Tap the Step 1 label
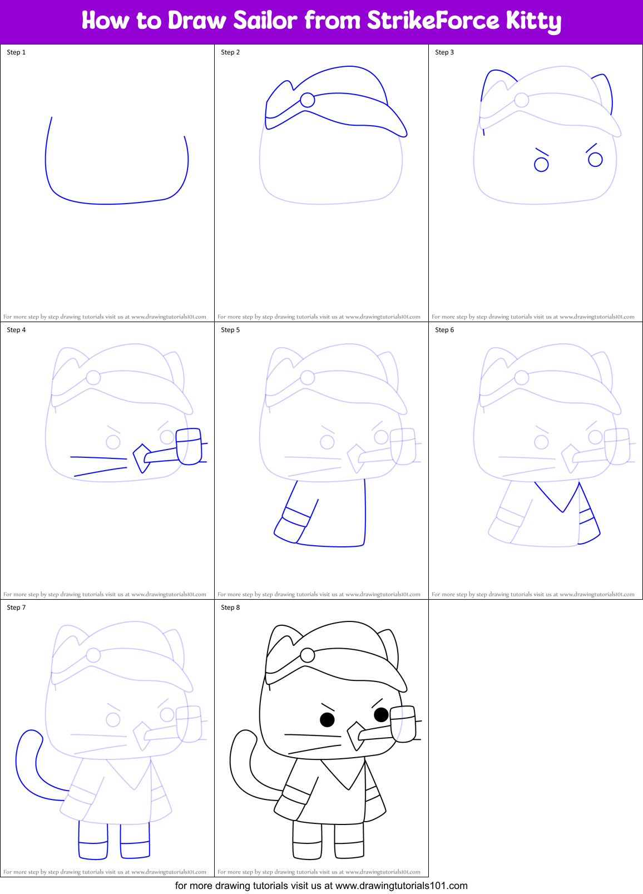pos(16,52)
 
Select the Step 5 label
pos(230,330)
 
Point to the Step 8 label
pos(230,607)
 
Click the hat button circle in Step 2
pos(307,100)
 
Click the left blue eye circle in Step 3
pos(541,165)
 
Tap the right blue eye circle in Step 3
pos(595,160)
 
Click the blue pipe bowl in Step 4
pos(189,446)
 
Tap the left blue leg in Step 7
pos(93,841)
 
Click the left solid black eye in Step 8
pos(327,720)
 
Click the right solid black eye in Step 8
pos(381,714)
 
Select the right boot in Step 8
pos(349,841)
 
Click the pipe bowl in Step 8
pos(403,724)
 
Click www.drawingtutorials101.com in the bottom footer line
pos(401,886)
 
